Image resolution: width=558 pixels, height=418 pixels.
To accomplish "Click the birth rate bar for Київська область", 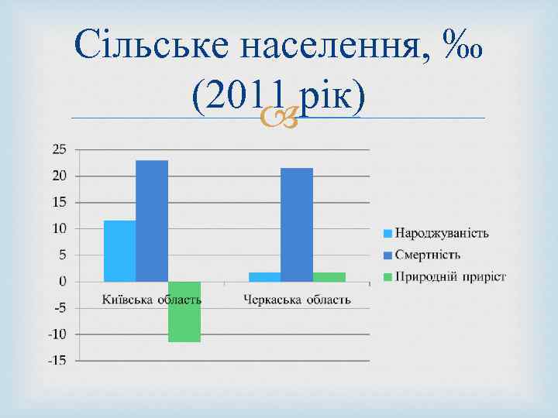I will point(119,251).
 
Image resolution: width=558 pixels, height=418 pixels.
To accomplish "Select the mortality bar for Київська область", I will point(152,221).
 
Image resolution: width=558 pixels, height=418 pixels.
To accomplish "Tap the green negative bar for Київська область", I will point(184,311).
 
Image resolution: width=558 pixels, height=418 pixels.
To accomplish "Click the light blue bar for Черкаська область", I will point(264,276).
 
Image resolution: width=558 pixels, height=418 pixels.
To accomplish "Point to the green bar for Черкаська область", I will point(329,276).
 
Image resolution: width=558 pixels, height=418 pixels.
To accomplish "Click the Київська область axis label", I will point(152,299).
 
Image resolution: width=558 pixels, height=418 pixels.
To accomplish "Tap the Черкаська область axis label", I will point(297,299).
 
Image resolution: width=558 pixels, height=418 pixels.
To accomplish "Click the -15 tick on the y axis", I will point(57,361).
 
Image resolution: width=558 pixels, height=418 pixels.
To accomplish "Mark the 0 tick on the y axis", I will point(62,282).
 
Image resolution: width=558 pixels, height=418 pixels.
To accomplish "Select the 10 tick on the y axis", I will point(60,228).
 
